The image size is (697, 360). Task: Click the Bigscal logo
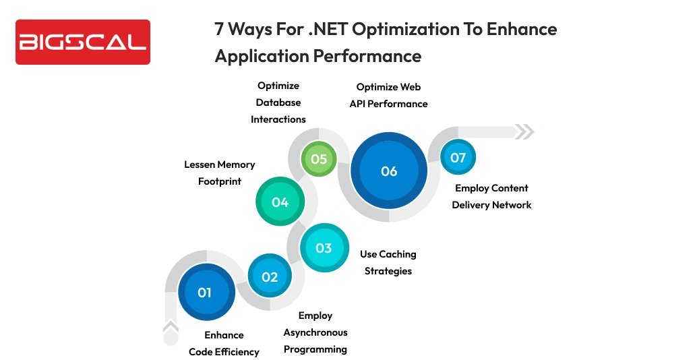click(x=82, y=42)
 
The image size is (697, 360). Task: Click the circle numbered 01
click(x=204, y=293)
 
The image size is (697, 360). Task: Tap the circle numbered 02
click(x=270, y=276)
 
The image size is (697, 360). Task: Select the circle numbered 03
click(x=324, y=248)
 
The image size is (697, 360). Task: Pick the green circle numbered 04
click(x=280, y=202)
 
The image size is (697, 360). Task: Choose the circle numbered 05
click(x=319, y=159)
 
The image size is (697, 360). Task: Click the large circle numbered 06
click(x=389, y=171)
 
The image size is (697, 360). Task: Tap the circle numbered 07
click(x=458, y=158)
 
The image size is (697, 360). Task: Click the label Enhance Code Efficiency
click(x=224, y=343)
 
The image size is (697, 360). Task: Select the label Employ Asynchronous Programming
click(x=315, y=332)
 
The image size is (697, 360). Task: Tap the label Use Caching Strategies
click(x=388, y=262)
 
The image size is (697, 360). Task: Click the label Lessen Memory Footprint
click(x=220, y=173)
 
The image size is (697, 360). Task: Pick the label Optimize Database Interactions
click(x=278, y=102)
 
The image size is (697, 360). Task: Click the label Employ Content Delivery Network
click(x=491, y=196)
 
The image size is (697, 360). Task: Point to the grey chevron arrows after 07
click(x=524, y=131)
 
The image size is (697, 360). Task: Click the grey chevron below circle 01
click(x=171, y=328)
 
